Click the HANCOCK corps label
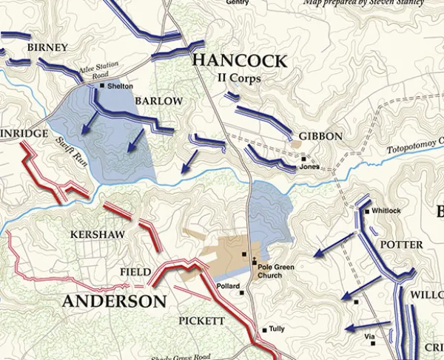(238, 61)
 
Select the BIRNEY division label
(47, 48)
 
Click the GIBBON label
(320, 137)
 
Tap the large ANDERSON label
(114, 302)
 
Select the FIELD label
(135, 273)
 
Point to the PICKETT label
(201, 321)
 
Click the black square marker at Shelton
(102, 86)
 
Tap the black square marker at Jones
(303, 158)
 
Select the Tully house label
(277, 330)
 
